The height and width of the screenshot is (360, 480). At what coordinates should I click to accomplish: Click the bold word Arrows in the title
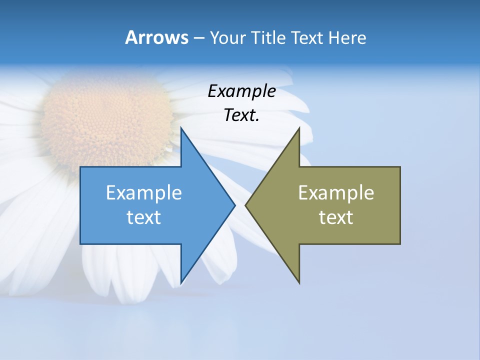(156, 37)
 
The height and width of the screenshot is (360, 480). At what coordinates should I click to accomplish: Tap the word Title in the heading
(267, 37)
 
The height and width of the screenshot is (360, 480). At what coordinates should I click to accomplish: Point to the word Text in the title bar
(307, 37)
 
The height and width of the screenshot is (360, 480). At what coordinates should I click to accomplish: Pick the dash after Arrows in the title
(198, 38)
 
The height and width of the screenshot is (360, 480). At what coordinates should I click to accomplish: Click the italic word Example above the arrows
(241, 91)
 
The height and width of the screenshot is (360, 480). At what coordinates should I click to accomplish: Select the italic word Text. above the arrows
(241, 115)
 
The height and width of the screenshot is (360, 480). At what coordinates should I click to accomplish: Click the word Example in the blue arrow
(144, 192)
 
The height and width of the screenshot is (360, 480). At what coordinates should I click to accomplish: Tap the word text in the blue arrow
(144, 217)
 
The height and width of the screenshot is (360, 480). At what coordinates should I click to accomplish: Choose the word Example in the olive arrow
(336, 192)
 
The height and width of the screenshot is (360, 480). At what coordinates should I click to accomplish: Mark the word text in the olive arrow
(336, 217)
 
